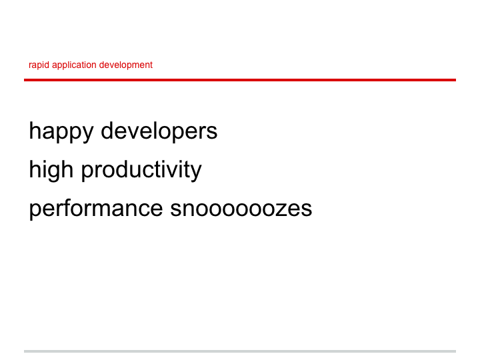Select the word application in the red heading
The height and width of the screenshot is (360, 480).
(75, 65)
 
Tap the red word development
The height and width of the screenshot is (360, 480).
(126, 65)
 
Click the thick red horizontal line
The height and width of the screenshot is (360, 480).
(240, 80)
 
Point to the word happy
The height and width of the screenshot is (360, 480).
(61, 132)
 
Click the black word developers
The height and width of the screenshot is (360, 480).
(159, 131)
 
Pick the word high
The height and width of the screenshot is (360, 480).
(51, 170)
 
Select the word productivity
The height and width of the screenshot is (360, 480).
(141, 170)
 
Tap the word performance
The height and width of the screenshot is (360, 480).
(96, 209)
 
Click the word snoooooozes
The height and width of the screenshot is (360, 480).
(241, 209)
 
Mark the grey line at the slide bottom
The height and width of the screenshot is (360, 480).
(240, 351)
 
